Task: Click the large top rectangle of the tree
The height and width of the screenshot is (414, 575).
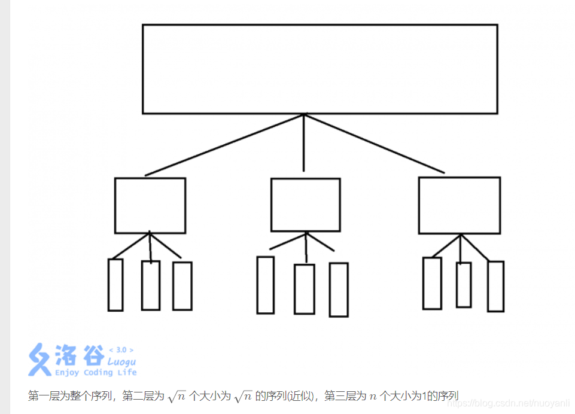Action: (x=320, y=69)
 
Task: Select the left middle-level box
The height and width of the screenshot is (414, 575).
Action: (x=150, y=205)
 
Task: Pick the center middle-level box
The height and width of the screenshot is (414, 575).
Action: (x=305, y=205)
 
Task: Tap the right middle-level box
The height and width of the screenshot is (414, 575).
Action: (x=459, y=205)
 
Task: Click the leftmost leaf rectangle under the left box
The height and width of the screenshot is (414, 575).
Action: (x=115, y=285)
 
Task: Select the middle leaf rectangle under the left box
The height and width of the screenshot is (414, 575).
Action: (x=151, y=285)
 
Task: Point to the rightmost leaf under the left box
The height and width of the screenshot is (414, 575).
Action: (x=182, y=286)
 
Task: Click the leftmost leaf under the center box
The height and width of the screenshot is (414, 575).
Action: (x=265, y=285)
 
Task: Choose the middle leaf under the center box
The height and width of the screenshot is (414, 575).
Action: (x=305, y=289)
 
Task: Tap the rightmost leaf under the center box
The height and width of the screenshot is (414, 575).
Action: (x=339, y=290)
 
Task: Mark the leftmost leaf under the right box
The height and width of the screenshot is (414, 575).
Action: (x=432, y=283)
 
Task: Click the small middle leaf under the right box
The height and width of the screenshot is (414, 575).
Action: (x=464, y=285)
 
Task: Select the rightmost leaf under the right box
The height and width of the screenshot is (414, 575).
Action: (x=495, y=287)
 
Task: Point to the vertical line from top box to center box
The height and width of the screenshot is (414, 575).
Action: (x=304, y=142)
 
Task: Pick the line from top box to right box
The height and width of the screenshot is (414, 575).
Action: (x=375, y=143)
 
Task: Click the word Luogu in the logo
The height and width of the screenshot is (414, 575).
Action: (x=121, y=362)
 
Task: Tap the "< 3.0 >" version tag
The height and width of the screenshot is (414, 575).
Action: (x=121, y=350)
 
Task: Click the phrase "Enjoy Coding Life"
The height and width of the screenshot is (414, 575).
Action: (x=96, y=373)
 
